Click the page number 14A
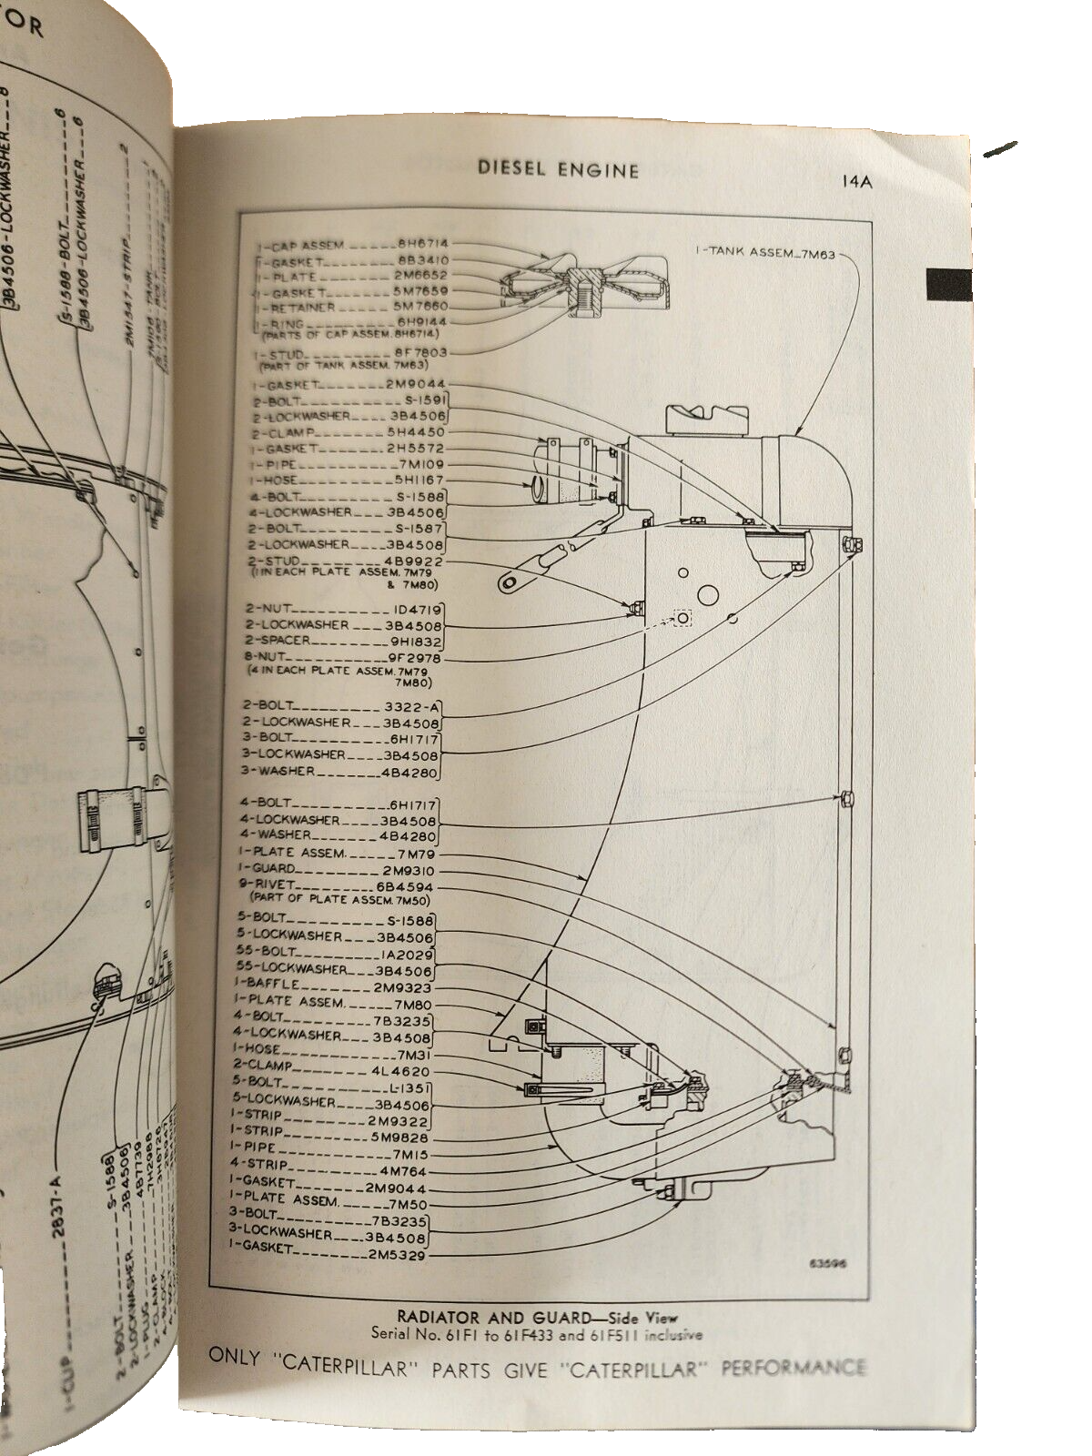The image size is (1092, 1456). pyautogui.click(x=856, y=181)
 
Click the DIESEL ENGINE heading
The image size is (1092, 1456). pyautogui.click(x=559, y=170)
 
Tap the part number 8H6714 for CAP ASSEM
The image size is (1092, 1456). pyautogui.click(x=423, y=245)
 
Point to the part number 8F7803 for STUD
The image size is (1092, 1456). pyautogui.click(x=422, y=352)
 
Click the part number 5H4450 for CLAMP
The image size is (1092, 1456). pyautogui.click(x=418, y=433)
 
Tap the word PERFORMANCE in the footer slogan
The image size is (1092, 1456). pyautogui.click(x=793, y=1369)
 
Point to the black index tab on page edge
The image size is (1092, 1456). pyautogui.click(x=949, y=285)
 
